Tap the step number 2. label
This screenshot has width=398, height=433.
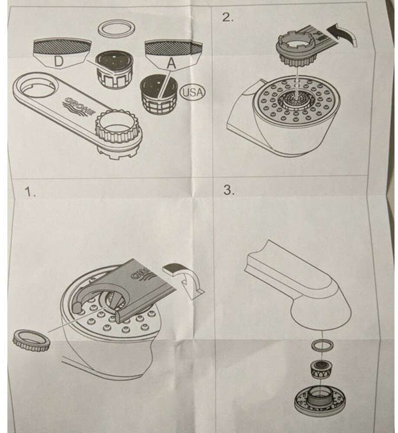[228, 17]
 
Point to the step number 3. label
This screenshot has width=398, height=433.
[228, 191]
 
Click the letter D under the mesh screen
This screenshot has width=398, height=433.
[58, 61]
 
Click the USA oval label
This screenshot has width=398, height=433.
[193, 92]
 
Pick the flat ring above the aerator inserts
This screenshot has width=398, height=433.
[116, 29]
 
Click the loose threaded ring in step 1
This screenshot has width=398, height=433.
[31, 339]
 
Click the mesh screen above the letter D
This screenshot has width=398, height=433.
[62, 45]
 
